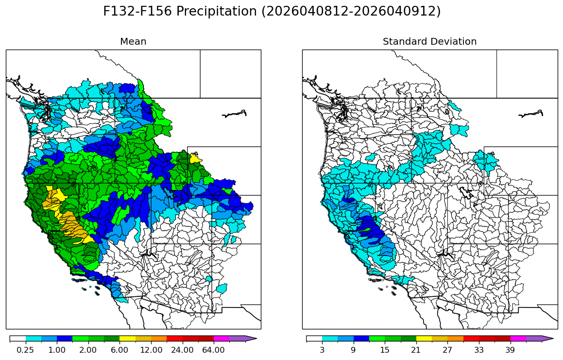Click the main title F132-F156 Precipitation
[x=272, y=12]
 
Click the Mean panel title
[x=133, y=42]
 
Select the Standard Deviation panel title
[x=429, y=42]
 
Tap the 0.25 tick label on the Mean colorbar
[x=25, y=350]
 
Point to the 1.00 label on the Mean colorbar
[x=57, y=350]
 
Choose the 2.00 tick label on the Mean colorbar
[x=88, y=350]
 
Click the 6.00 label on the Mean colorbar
[x=119, y=350]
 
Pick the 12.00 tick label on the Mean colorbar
[x=151, y=350]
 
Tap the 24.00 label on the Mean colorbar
[x=182, y=350]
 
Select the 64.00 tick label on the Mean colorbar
[x=214, y=350]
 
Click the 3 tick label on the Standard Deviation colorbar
[x=322, y=350]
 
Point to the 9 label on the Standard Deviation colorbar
[x=353, y=350]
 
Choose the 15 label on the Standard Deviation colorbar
[x=385, y=350]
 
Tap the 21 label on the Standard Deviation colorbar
[x=416, y=350]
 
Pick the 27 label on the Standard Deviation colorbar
[x=447, y=350]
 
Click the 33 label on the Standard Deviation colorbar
[x=479, y=350]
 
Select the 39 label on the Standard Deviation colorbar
[x=510, y=350]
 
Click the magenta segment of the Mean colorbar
[x=222, y=339]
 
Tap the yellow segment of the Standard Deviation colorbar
[x=424, y=339]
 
